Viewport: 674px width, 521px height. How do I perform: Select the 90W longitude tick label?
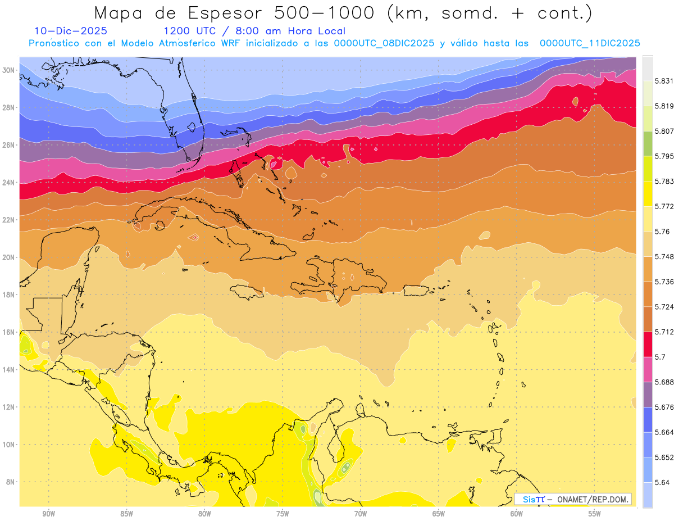click(x=49, y=514)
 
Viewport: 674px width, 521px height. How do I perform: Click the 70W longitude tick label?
click(x=361, y=514)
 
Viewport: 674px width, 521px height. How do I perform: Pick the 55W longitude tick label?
click(x=595, y=514)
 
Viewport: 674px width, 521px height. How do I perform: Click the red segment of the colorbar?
click(x=648, y=344)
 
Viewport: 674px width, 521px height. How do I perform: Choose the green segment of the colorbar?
click(x=648, y=143)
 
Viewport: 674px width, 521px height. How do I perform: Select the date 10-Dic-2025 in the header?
click(x=70, y=31)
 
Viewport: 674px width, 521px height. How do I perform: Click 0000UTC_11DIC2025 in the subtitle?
click(x=590, y=43)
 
